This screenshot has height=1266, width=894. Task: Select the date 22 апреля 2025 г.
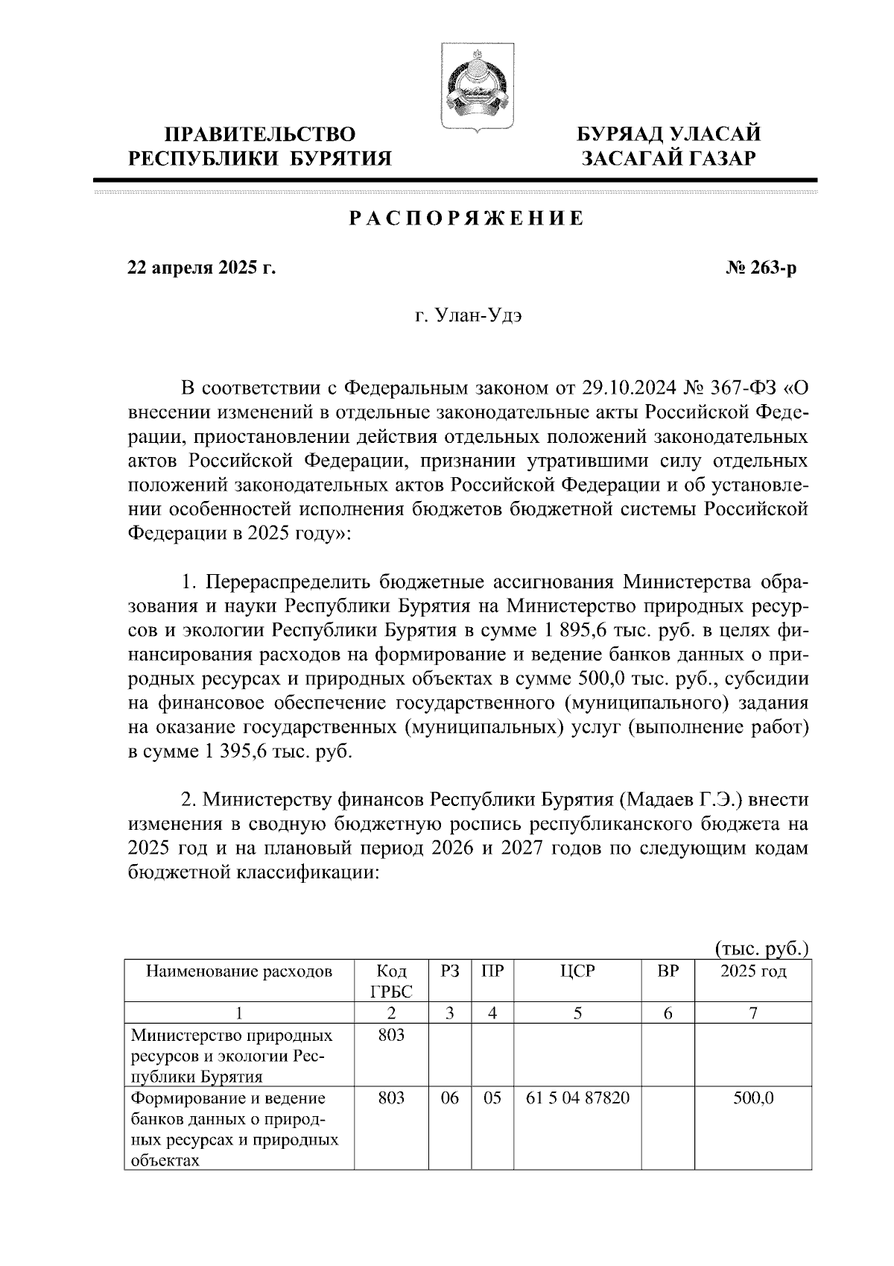(x=202, y=268)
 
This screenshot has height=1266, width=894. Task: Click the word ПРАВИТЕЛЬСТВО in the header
(x=260, y=134)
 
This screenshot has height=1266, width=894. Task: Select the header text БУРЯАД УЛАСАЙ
(x=670, y=134)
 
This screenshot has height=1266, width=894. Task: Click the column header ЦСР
(x=578, y=971)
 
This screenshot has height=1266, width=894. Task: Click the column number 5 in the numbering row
(x=578, y=1013)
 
